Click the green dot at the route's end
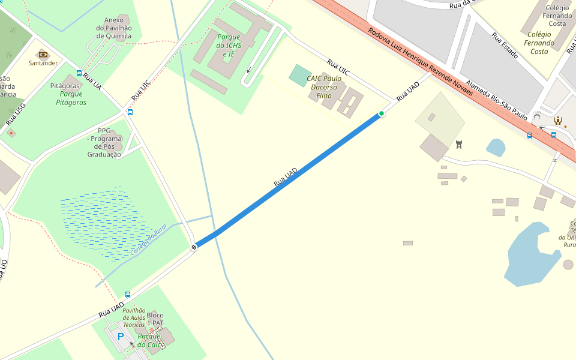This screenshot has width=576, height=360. [x=381, y=113]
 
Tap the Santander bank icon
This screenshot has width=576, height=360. [x=43, y=55]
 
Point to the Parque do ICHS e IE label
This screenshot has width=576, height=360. [x=229, y=46]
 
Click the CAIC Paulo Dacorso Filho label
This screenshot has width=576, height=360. [x=323, y=87]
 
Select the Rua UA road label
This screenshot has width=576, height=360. [x=92, y=81]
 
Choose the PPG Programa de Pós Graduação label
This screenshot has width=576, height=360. [x=104, y=143]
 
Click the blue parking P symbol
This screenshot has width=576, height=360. [x=121, y=337]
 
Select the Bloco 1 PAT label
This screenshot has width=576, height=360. [x=155, y=319]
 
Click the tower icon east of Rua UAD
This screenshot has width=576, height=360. [x=459, y=143]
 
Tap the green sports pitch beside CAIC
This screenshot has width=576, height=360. [x=296, y=74]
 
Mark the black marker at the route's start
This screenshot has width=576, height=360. [x=194, y=247]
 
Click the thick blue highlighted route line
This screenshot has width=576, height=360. [x=288, y=180]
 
